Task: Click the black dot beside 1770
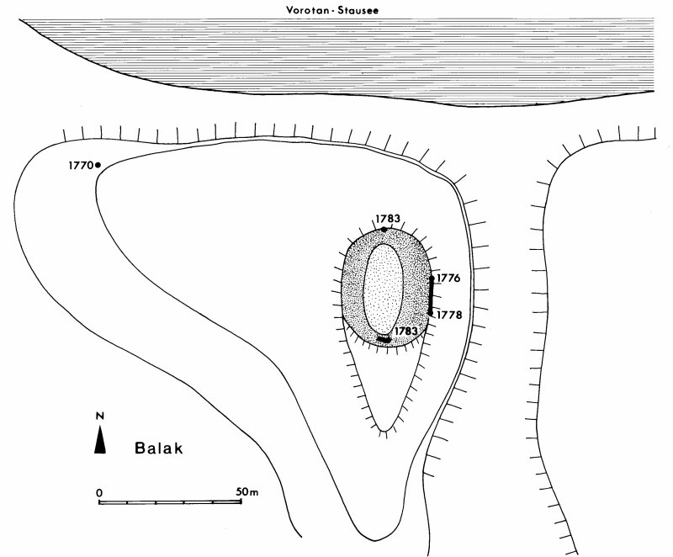pyautogui.click(x=98, y=165)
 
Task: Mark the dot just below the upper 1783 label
pyautogui.click(x=384, y=229)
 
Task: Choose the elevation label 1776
pyautogui.click(x=448, y=278)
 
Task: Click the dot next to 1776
pyautogui.click(x=432, y=278)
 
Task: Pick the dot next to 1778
pyautogui.click(x=431, y=313)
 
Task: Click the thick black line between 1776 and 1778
pyautogui.click(x=432, y=295)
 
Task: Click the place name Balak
pyautogui.click(x=158, y=448)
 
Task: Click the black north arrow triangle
pyautogui.click(x=99, y=440)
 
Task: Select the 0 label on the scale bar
pyautogui.click(x=99, y=491)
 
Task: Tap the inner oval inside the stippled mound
pyautogui.click(x=384, y=286)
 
